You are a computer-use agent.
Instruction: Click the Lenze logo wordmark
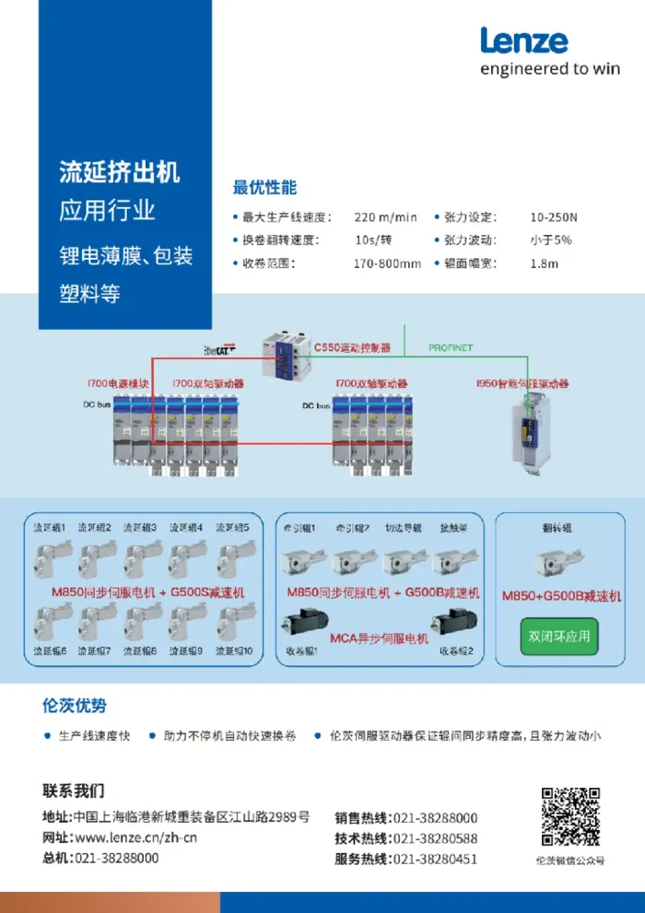523,41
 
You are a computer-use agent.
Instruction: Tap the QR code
570,817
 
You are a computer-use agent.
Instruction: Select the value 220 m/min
385,217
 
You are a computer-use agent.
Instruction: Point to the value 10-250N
554,217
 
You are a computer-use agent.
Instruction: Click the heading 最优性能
264,187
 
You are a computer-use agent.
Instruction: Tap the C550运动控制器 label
352,348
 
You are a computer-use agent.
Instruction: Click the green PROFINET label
451,348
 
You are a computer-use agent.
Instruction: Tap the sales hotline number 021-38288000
435,818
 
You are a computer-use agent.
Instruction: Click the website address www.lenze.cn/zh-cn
135,837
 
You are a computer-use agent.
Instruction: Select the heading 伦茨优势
75,706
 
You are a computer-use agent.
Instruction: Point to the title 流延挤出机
120,171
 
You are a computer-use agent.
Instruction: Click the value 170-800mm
387,263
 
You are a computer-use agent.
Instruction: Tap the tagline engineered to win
550,69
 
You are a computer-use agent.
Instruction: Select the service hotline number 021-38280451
435,859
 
